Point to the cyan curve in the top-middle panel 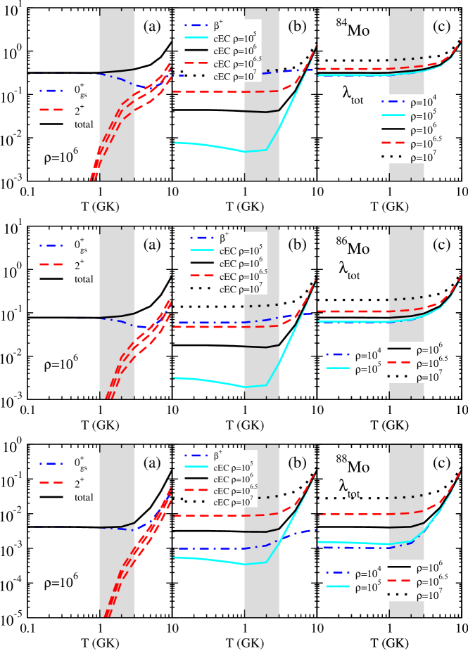click(x=211, y=146)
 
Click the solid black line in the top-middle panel click(x=257, y=112)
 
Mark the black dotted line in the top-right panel click(x=409, y=58)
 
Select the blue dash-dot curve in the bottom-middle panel click(x=211, y=548)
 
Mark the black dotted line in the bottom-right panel click(x=409, y=496)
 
